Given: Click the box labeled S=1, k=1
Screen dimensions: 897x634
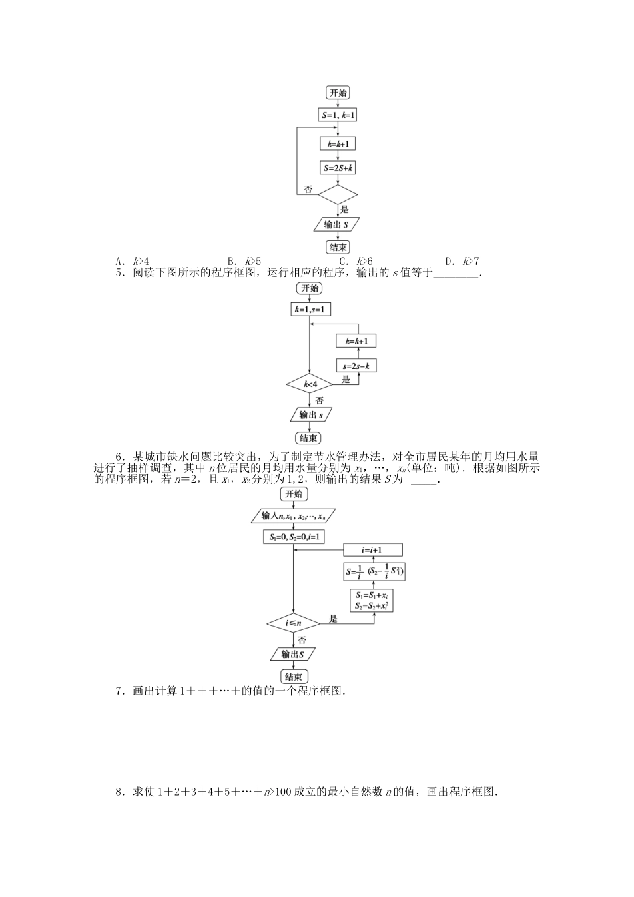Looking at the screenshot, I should (338, 115).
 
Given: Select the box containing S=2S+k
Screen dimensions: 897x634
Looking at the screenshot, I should (338, 169).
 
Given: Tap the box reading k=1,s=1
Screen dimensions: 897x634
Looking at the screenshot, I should (309, 309).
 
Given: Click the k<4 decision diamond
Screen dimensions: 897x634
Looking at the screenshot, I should (310, 384).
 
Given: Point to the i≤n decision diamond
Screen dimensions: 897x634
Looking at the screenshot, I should (294, 623).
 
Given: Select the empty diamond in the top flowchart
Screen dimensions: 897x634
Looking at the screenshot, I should (338, 194).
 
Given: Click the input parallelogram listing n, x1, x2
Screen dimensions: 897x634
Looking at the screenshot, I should (294, 516).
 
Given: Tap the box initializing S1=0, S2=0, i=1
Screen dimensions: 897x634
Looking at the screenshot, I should (294, 536).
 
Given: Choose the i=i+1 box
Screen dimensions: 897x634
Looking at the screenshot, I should (373, 550).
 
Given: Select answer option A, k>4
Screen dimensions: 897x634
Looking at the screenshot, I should (132, 261).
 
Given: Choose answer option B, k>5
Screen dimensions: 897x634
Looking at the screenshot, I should (244, 261).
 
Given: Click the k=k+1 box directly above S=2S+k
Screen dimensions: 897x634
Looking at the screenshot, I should (338, 143).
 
